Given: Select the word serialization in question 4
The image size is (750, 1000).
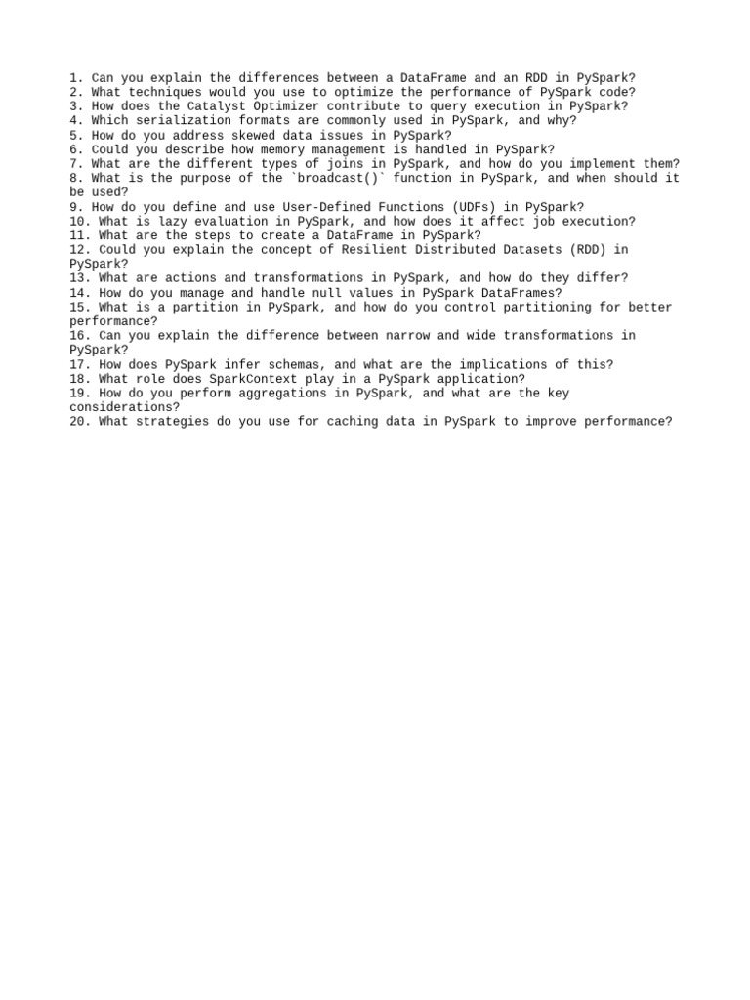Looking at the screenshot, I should (183, 120).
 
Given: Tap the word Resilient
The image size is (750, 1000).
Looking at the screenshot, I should (384, 250).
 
